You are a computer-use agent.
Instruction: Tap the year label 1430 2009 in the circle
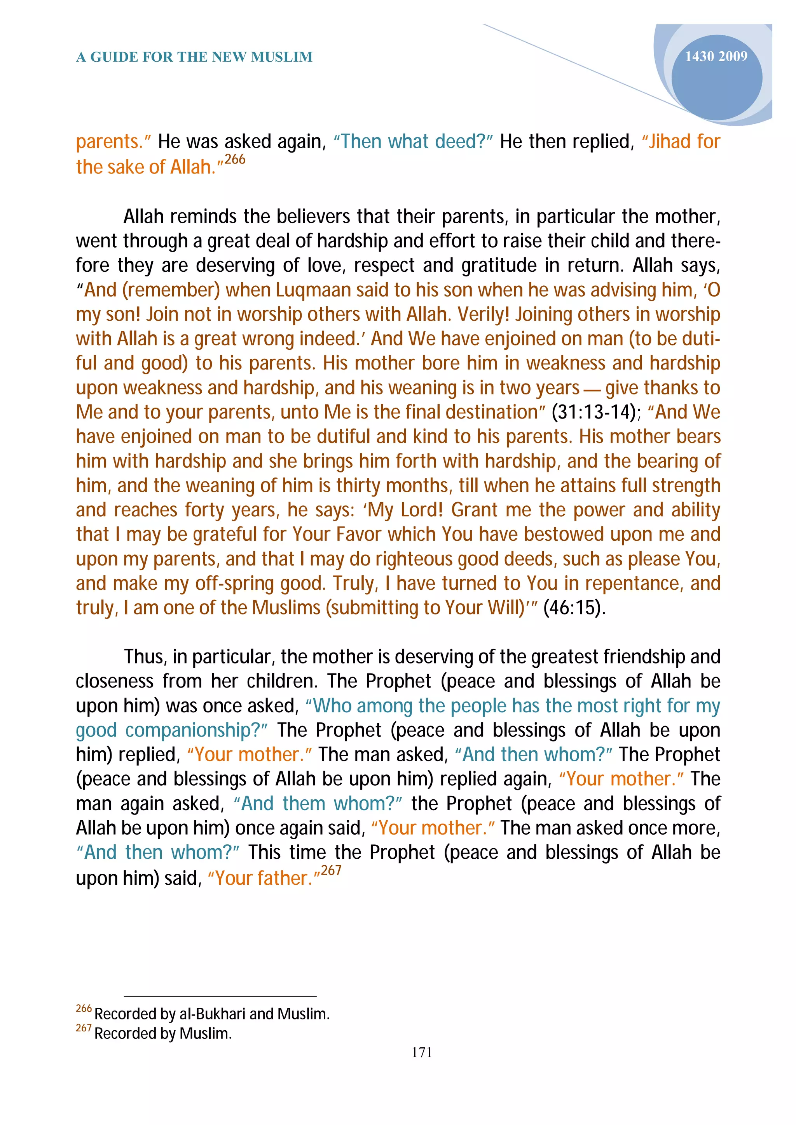tap(716, 57)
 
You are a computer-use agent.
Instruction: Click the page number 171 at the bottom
tap(422, 1052)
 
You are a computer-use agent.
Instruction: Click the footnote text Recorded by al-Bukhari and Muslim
tap(211, 1013)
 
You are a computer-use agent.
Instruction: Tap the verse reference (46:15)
tap(574, 608)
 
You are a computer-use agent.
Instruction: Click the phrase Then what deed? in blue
tap(413, 142)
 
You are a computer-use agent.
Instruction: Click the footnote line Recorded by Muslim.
tap(162, 1033)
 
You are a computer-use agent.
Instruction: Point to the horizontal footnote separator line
tap(220, 996)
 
